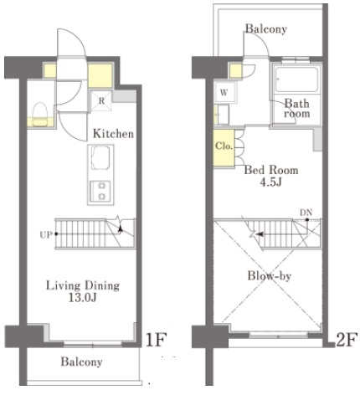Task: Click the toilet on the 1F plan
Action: tap(39, 115)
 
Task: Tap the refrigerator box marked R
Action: tap(101, 100)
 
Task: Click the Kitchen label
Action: tap(113, 134)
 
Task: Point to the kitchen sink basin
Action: tap(100, 158)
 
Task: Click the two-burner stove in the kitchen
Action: tap(100, 192)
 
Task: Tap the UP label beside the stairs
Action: tap(46, 235)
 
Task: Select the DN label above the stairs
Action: tap(306, 213)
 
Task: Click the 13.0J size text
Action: tap(83, 298)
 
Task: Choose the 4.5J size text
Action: tap(270, 182)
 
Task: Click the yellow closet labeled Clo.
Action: tap(224, 148)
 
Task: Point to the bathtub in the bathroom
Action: tap(296, 80)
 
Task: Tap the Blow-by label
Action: tap(270, 276)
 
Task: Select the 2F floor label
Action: tap(347, 340)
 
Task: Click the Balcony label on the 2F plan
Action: tap(266, 28)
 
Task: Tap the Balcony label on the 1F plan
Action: tap(81, 362)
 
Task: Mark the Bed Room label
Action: tap(271, 170)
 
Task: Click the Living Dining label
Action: tap(83, 285)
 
